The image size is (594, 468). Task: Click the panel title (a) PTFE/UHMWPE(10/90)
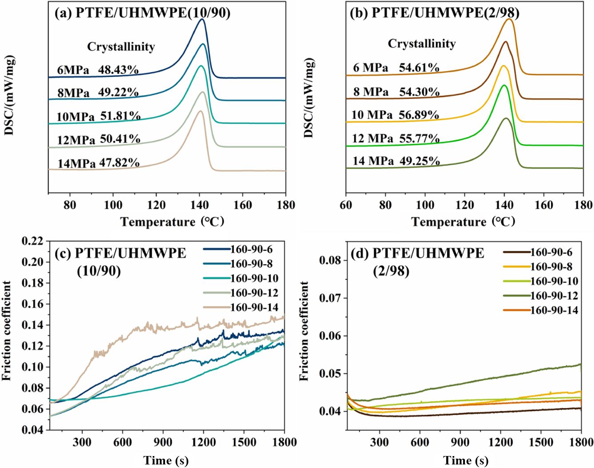click(x=142, y=13)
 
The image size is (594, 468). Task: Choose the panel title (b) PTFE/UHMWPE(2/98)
click(x=435, y=12)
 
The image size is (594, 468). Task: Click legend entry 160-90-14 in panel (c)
click(x=255, y=307)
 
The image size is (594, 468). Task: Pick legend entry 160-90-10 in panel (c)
click(x=255, y=278)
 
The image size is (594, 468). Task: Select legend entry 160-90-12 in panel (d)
click(x=555, y=296)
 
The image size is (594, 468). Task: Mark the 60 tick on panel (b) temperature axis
click(x=346, y=205)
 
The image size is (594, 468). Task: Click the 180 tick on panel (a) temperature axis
click(x=286, y=205)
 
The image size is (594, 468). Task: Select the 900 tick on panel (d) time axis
click(x=460, y=442)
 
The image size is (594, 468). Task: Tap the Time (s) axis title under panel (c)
click(x=166, y=460)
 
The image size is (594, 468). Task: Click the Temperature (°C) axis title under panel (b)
click(x=463, y=222)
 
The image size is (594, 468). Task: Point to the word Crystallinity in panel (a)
click(x=121, y=47)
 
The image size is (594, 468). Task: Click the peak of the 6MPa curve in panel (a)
click(x=202, y=19)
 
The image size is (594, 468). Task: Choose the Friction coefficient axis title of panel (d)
click(x=304, y=331)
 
